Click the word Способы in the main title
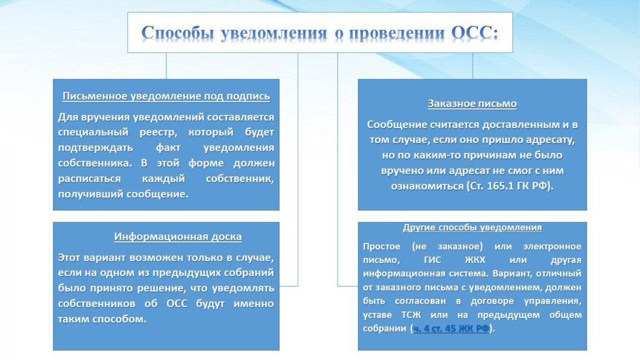(x=177, y=32)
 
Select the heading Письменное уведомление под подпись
(x=166, y=96)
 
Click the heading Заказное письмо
(x=472, y=104)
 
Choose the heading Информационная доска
(x=177, y=237)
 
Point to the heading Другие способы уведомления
(x=472, y=227)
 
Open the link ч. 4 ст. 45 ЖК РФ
(x=451, y=328)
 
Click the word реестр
(x=158, y=132)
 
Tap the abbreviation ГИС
(x=432, y=260)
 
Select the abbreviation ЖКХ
(x=475, y=260)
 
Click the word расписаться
(x=89, y=179)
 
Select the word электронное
(x=552, y=246)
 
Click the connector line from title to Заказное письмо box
(x=472, y=66)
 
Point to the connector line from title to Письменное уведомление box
(x=166, y=66)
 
